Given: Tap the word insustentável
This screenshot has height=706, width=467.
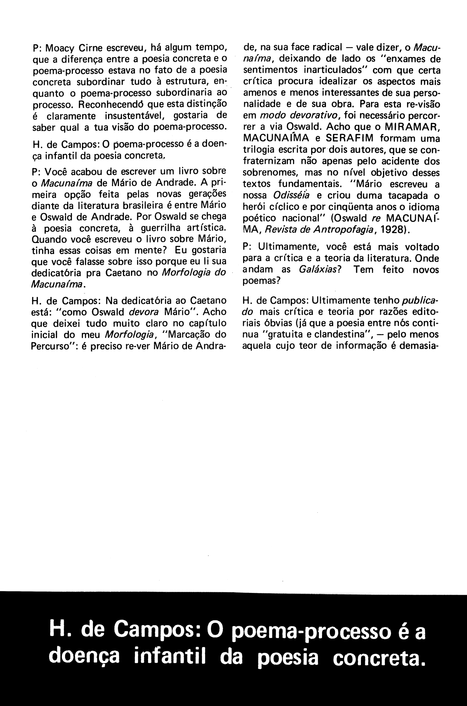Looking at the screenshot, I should pos(137,115).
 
